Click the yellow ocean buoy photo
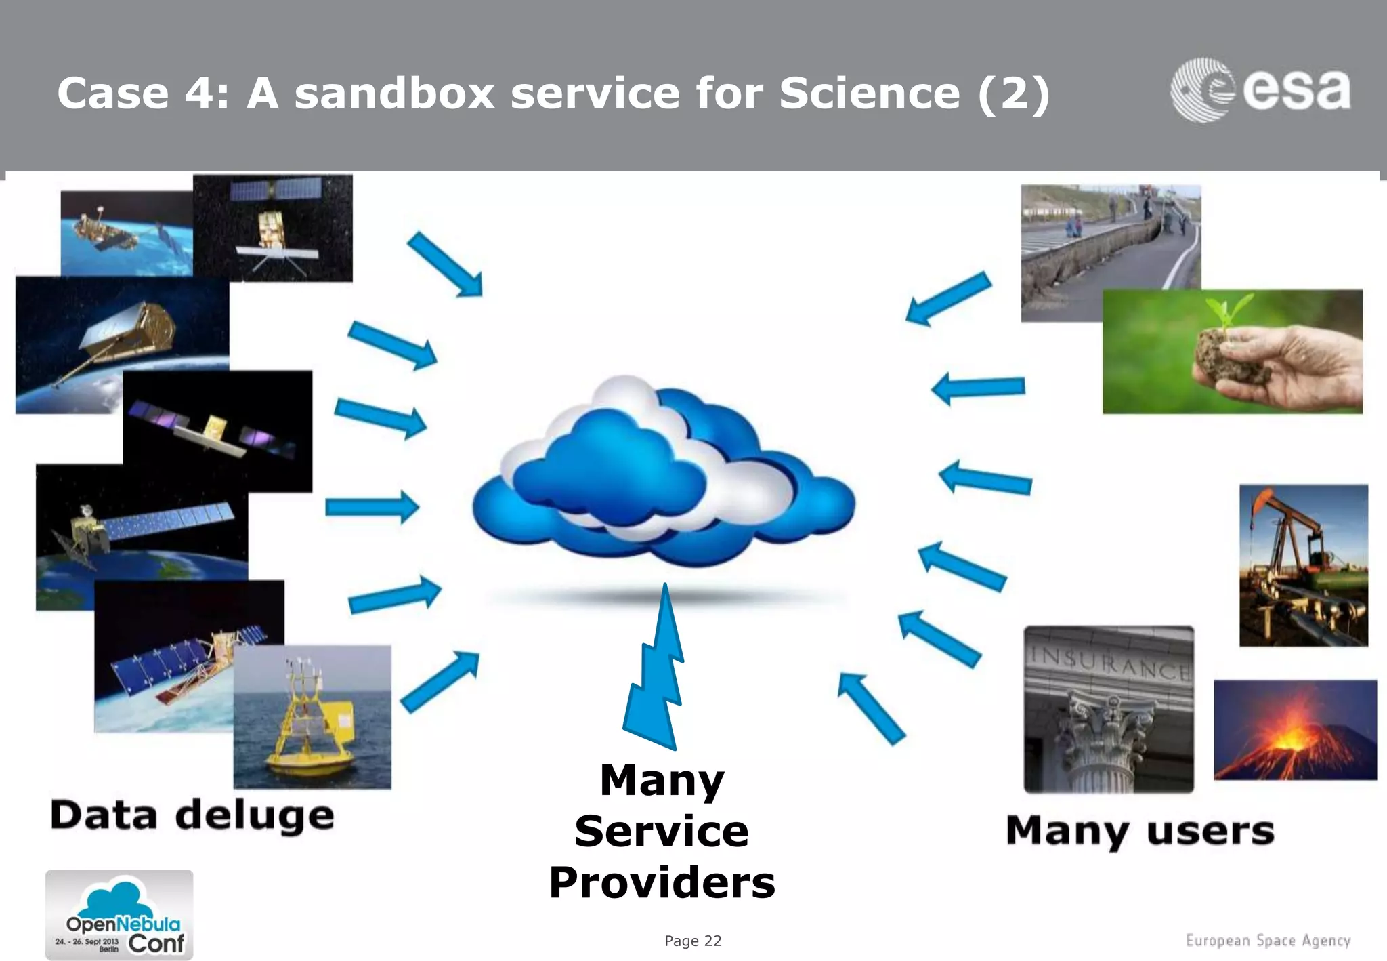click(312, 717)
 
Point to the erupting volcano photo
click(1295, 731)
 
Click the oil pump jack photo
click(1303, 565)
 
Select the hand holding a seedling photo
click(1232, 352)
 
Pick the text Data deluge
click(192, 815)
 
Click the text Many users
click(1140, 831)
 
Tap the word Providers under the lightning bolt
click(662, 882)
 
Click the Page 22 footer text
click(693, 941)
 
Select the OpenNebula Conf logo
click(119, 915)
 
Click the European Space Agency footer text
click(1268, 941)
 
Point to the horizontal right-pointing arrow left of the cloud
click(372, 507)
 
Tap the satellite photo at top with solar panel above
click(272, 228)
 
